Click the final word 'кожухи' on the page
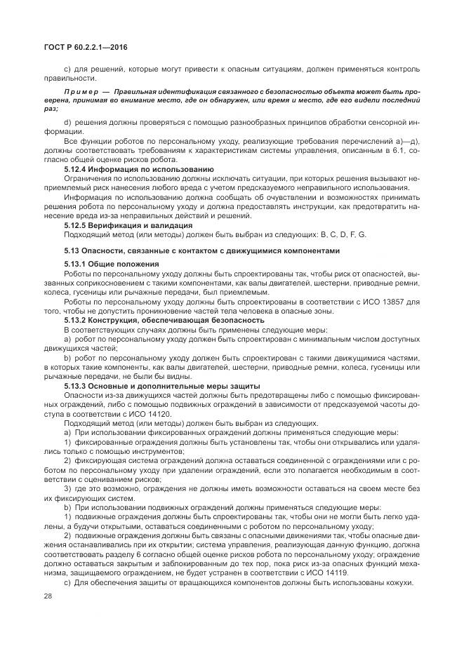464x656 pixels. pos(404,584)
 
